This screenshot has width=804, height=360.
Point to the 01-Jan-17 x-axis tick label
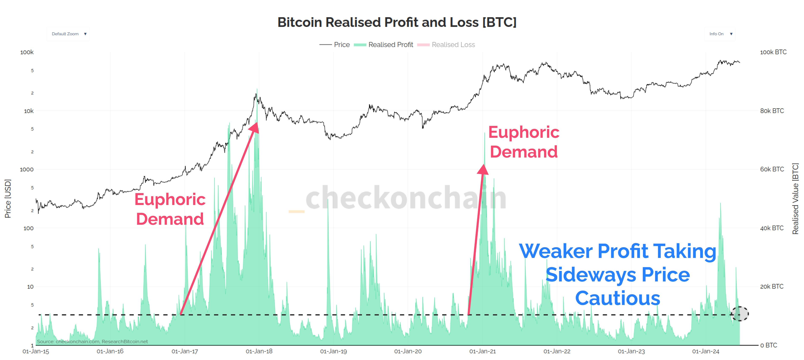click(185, 351)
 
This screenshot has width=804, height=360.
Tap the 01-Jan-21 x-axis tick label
click(482, 351)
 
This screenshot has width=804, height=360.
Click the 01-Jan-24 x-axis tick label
click(705, 351)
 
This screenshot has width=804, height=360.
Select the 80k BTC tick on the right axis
click(772, 111)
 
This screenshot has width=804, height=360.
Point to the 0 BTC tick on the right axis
click(768, 345)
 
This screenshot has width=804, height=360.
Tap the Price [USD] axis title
click(8, 198)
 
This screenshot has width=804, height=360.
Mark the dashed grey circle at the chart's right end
click(739, 314)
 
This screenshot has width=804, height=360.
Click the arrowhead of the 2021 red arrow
click(483, 169)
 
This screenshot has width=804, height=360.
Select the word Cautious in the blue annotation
click(617, 298)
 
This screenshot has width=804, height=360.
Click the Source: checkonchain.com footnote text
click(92, 341)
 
